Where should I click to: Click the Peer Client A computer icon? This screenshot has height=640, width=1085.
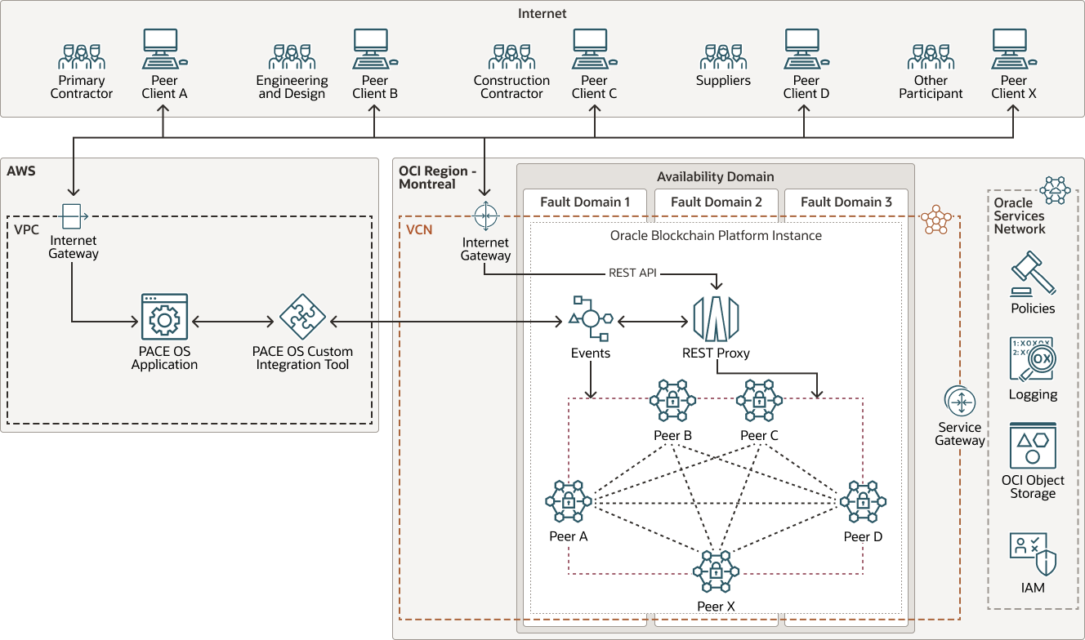tap(163, 49)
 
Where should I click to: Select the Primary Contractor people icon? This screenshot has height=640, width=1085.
tap(82, 56)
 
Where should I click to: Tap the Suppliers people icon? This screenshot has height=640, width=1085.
tap(723, 56)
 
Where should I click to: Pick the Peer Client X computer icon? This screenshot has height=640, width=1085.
tap(1013, 49)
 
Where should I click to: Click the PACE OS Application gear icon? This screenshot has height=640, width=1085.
tap(164, 317)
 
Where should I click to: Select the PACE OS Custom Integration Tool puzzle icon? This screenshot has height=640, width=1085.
tap(302, 317)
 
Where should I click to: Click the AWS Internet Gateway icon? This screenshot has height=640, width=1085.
tap(72, 216)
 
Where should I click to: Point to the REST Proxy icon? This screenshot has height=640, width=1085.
tap(716, 319)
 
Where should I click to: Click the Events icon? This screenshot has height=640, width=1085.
tap(591, 319)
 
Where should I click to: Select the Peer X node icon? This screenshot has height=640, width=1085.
tap(716, 572)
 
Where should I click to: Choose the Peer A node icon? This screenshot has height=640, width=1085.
tap(569, 501)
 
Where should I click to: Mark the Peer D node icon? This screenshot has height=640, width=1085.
tap(863, 501)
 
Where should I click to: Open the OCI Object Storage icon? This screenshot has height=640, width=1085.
tap(1033, 445)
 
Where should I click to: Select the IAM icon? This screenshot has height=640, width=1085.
tap(1033, 554)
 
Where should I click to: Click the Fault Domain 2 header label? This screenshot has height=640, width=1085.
tap(717, 202)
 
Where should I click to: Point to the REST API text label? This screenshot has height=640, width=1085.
tap(632, 273)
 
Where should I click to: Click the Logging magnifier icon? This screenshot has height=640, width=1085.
tap(1033, 359)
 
